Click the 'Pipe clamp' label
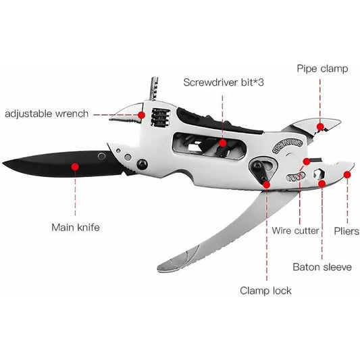pyautogui.click(x=322, y=69)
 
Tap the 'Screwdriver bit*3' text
pyautogui.click(x=224, y=82)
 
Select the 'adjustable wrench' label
pyautogui.click(x=47, y=114)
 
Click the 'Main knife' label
pyautogui.click(x=76, y=228)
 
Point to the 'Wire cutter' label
pyautogui.click(x=295, y=230)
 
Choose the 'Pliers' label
pyautogui.click(x=346, y=231)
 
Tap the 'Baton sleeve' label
pyautogui.click(x=322, y=267)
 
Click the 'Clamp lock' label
pyautogui.click(x=265, y=290)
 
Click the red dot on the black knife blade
pyautogui.click(x=75, y=167)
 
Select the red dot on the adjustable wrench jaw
pyautogui.click(x=141, y=115)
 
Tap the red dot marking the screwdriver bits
pyautogui.click(x=222, y=143)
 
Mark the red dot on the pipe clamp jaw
pyautogui.click(x=320, y=126)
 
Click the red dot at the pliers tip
pyautogui.click(x=347, y=175)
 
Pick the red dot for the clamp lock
pyautogui.click(x=267, y=184)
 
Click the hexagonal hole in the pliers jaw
pyautogui.click(x=318, y=174)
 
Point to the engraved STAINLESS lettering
pyautogui.click(x=287, y=147)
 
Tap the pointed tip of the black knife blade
pyautogui.click(x=3, y=163)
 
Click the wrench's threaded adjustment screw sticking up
pyautogui.click(x=153, y=88)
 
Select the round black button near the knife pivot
pyautogui.click(x=142, y=164)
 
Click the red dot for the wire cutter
pyautogui.click(x=307, y=161)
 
